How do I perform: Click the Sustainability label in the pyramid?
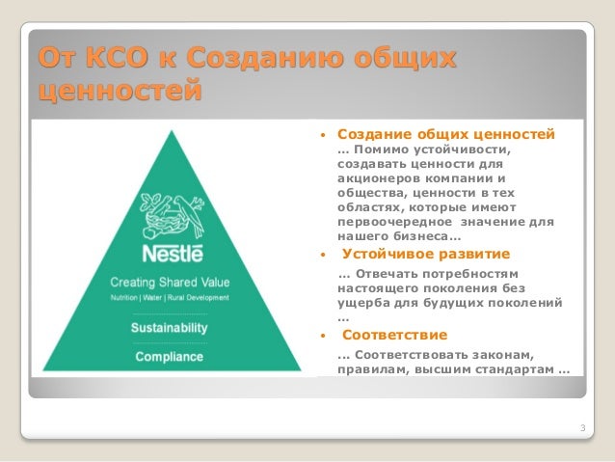pyautogui.click(x=169, y=328)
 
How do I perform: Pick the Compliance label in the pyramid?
pyautogui.click(x=169, y=357)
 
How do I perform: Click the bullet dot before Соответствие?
pyautogui.click(x=322, y=337)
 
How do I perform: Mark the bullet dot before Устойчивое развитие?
pyautogui.click(x=322, y=256)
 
